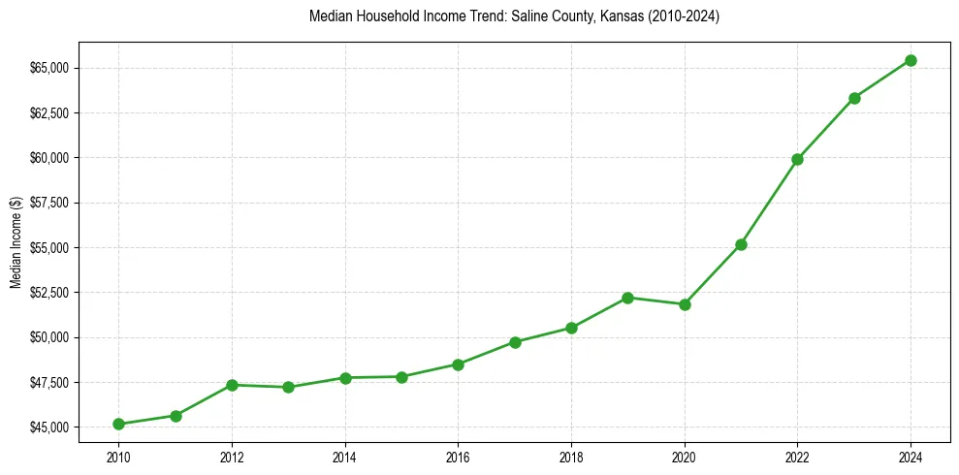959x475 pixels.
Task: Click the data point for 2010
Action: pos(118,424)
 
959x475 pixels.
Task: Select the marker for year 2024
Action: pos(911,60)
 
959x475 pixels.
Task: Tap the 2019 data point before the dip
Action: pos(627,298)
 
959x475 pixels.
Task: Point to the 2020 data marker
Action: pos(685,304)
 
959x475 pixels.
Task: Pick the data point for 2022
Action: pos(797,159)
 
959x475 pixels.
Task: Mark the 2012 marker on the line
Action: pos(232,385)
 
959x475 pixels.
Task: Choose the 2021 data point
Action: pos(741,244)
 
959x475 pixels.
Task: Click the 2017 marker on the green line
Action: pos(515,342)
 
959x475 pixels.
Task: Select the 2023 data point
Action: pos(854,98)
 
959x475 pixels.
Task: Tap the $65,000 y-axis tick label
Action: pos(50,68)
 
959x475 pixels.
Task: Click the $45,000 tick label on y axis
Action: pos(50,427)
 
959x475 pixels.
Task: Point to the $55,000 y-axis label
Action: pos(50,247)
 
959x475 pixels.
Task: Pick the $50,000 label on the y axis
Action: pos(50,337)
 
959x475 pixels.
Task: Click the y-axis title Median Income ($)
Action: pos(16,247)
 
